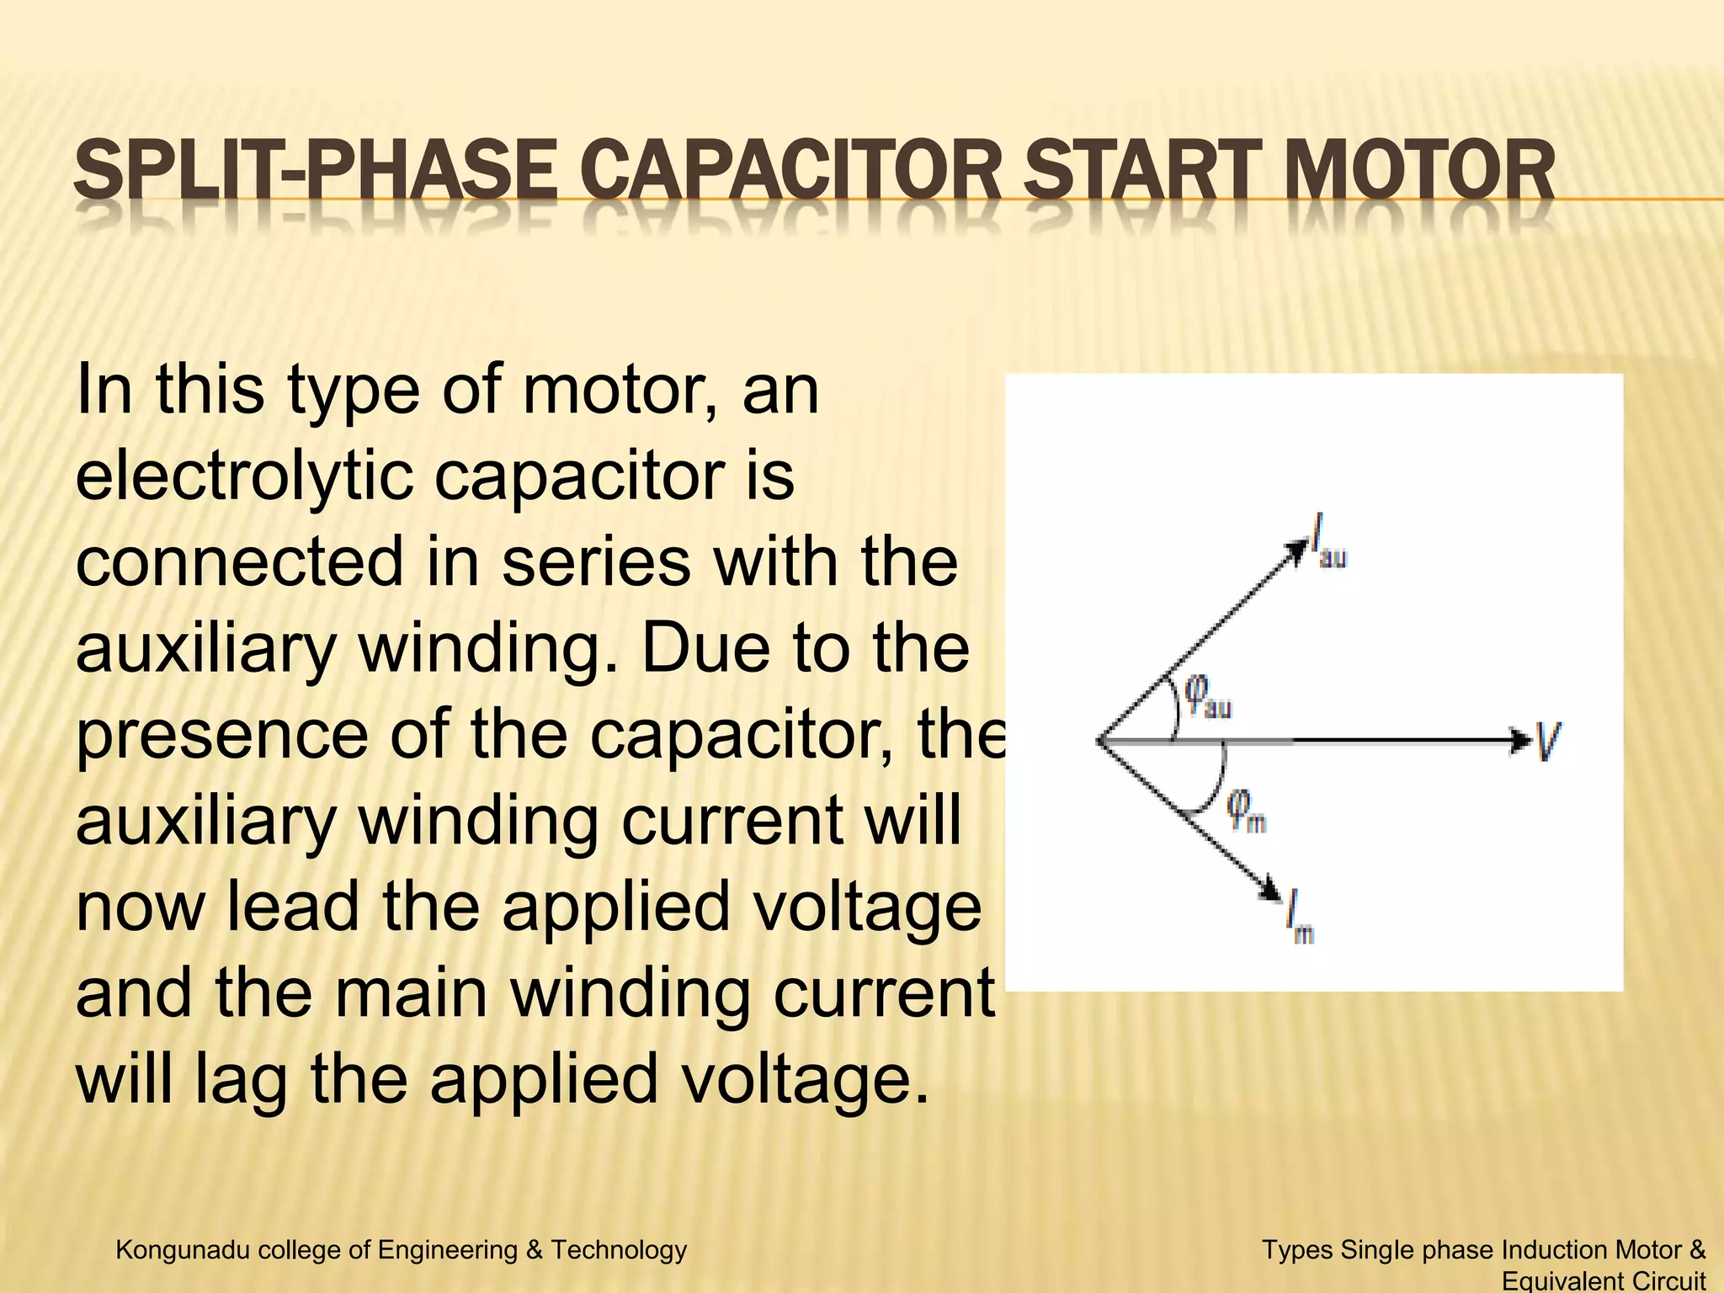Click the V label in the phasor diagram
click(x=1547, y=742)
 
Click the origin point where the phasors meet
click(x=1098, y=742)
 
